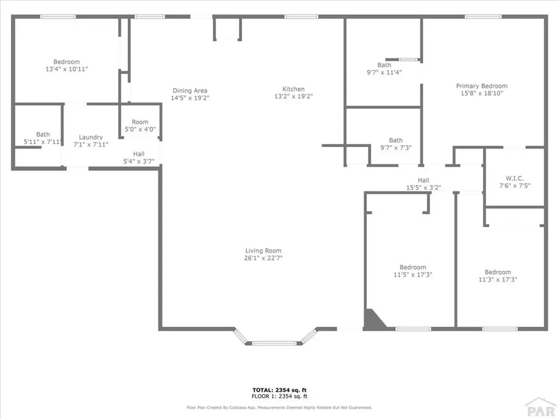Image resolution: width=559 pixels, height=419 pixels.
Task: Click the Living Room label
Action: coord(263,251)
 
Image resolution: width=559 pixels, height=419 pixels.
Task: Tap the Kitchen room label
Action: coord(293,89)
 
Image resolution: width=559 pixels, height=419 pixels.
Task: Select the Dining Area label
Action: coord(190,91)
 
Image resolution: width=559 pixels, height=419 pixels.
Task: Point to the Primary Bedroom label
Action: coord(481,86)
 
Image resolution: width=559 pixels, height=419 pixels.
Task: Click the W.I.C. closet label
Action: coord(515,178)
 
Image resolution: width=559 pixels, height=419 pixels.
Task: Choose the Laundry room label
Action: coord(91,137)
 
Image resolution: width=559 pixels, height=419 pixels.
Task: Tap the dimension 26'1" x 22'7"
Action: coord(263,259)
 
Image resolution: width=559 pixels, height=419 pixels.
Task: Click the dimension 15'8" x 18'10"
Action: coord(481,93)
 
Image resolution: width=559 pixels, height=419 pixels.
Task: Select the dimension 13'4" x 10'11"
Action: coord(67,69)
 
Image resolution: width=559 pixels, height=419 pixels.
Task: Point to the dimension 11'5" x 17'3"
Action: coord(412,275)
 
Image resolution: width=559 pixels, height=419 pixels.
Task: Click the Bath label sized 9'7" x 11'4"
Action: coord(384,65)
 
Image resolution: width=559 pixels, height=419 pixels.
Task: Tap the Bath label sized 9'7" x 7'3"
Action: coord(395,140)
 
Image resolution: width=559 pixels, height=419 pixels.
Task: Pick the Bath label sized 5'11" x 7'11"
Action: coord(43,134)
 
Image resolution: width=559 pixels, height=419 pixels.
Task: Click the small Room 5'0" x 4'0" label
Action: coord(140,122)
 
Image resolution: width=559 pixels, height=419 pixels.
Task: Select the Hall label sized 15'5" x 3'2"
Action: coord(423,180)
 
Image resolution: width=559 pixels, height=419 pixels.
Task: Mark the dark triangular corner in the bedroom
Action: coord(373,320)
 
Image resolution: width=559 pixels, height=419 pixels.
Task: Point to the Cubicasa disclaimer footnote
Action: coord(279,408)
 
